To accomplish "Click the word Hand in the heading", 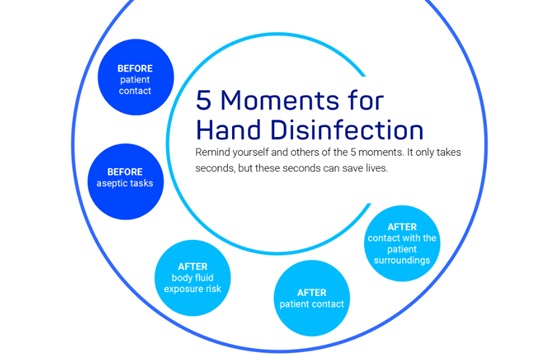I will pyautogui.click(x=231, y=130).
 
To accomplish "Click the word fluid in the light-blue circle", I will pyautogui.click(x=208, y=276).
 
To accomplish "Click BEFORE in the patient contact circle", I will pyautogui.click(x=134, y=68).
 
